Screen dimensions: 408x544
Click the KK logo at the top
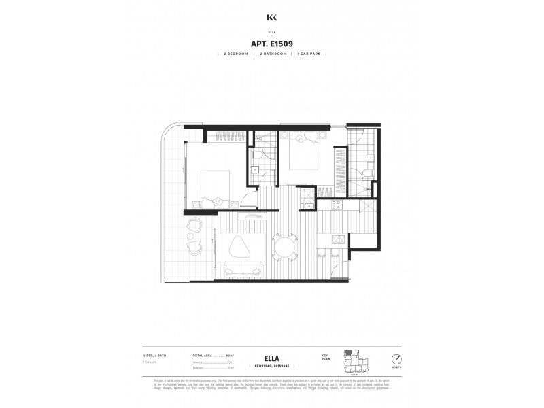tap(272, 18)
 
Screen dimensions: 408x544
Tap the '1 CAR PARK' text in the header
tap(311, 54)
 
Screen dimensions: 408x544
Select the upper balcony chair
tap(194, 226)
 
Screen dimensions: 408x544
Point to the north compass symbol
tap(396, 360)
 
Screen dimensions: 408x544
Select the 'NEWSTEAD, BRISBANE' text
tap(271, 367)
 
